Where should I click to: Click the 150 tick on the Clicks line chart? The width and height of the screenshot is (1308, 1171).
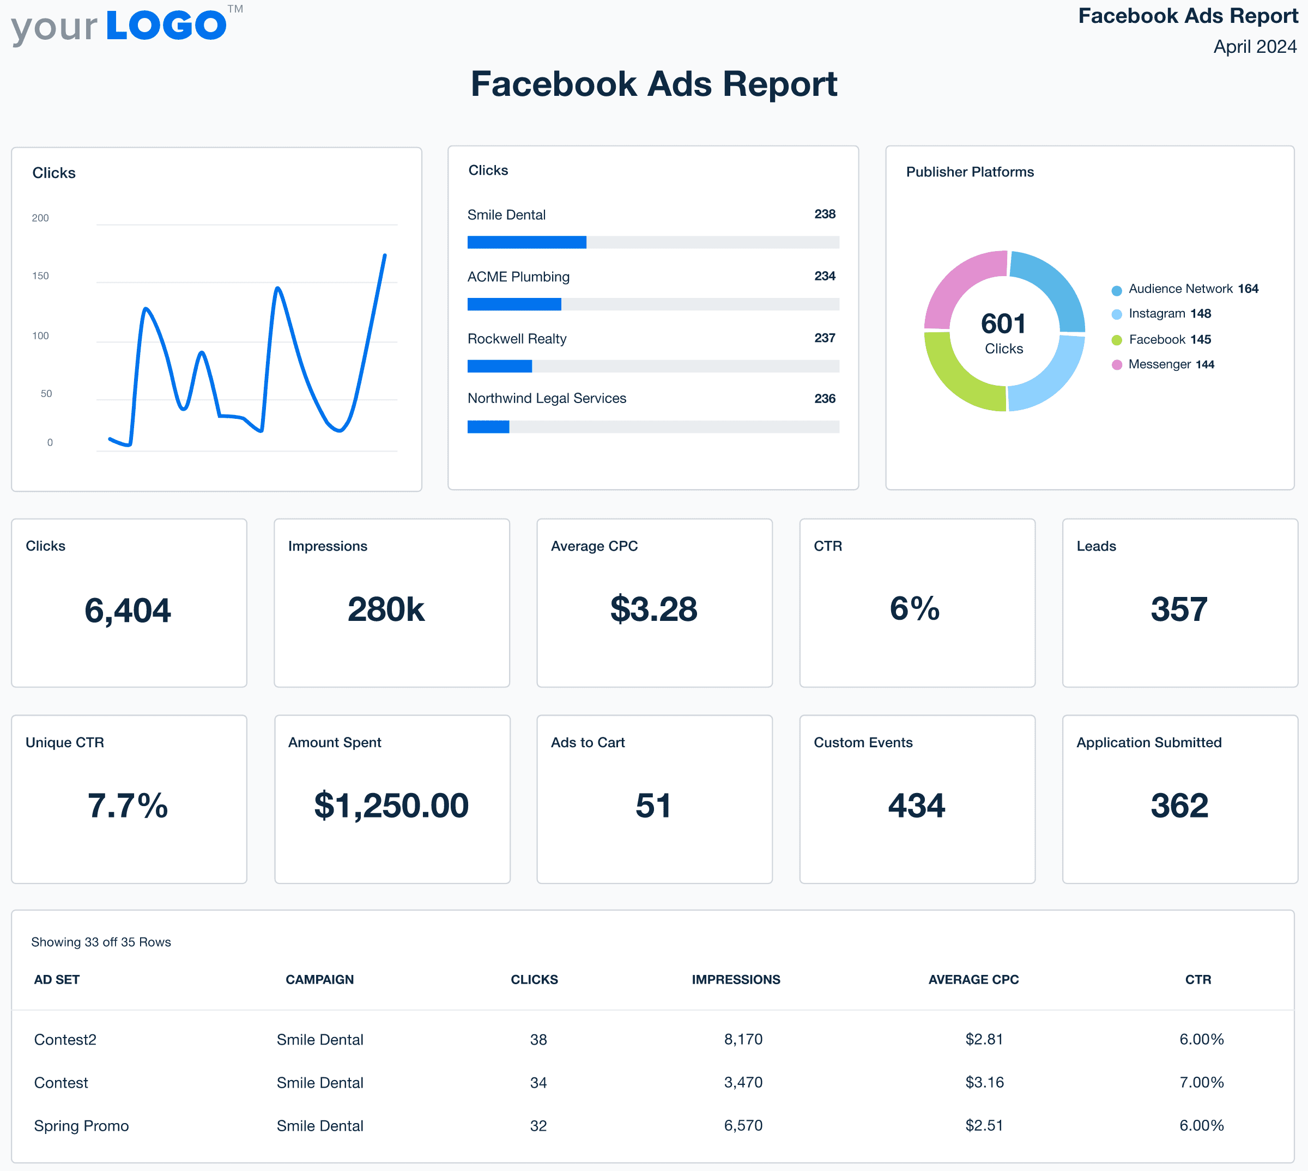pos(40,276)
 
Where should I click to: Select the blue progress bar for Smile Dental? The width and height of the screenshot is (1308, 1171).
pos(526,242)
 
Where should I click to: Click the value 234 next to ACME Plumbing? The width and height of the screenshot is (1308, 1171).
pos(825,276)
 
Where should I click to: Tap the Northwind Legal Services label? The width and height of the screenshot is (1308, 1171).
pos(547,398)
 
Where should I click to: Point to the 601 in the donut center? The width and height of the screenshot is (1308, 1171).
pos(1003,324)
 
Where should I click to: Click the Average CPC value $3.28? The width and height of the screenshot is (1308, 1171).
pos(653,609)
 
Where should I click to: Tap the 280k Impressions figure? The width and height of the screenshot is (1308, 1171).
pos(386,609)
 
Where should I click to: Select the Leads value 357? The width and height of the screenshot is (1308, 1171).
pos(1179,609)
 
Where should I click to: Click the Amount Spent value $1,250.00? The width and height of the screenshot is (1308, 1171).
pos(391,806)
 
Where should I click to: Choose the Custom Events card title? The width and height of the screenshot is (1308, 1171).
pos(863,742)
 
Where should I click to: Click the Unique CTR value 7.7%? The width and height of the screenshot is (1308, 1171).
pos(128,806)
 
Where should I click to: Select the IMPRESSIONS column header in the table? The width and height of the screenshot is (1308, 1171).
pos(736,979)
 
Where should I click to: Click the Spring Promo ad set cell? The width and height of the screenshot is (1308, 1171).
pos(82,1126)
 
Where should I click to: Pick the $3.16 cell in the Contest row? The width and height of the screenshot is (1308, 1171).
pos(984,1082)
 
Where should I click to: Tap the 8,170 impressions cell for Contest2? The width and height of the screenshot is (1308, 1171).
pos(743,1039)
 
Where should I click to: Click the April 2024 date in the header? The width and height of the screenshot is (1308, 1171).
pos(1254,46)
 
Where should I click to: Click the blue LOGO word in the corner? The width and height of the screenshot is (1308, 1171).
pos(166,26)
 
